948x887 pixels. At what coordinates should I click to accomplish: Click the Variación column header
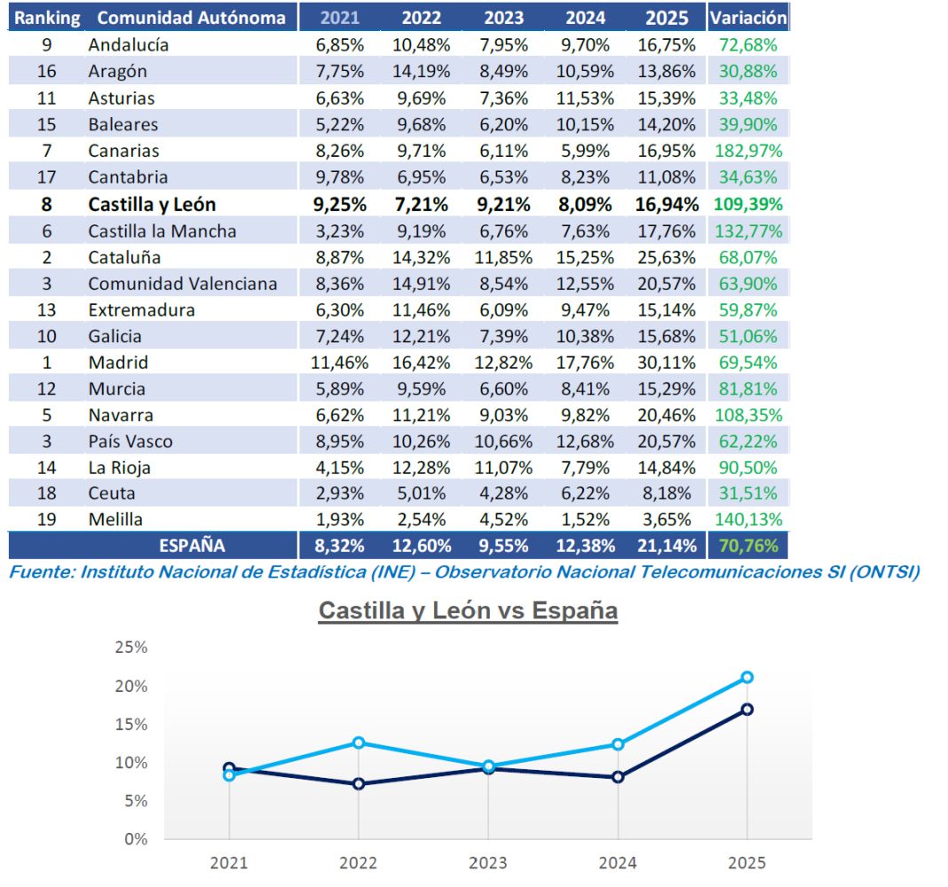tap(747, 17)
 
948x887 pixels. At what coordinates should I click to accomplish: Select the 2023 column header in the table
tap(506, 18)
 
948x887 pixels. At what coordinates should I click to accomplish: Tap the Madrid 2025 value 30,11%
tap(668, 363)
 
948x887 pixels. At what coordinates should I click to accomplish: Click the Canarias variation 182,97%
tap(747, 151)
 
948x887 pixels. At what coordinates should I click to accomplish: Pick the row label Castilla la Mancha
tap(162, 231)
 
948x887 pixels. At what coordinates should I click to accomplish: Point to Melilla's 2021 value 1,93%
tap(340, 520)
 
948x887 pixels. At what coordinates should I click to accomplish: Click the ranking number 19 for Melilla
tap(47, 520)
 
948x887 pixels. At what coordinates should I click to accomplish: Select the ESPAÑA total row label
tap(192, 546)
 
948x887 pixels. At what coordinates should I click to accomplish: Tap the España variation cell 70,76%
tap(747, 546)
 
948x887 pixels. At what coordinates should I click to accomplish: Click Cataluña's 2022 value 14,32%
tap(422, 257)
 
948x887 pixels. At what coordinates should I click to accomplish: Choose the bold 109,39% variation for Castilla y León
tap(747, 205)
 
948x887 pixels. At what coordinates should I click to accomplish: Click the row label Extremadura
tap(142, 310)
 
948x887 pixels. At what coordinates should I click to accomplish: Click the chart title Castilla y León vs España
tap(468, 611)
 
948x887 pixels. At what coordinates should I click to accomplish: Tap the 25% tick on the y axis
tap(131, 648)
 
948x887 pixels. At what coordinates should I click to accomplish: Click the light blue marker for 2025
tap(747, 678)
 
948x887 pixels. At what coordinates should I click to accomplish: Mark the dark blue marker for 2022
tap(359, 784)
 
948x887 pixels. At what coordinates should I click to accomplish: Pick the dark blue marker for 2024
tap(618, 777)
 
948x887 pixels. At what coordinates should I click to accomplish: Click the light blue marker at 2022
tap(359, 742)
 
